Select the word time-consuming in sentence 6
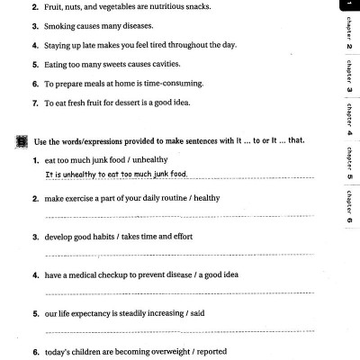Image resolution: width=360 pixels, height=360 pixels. (171, 84)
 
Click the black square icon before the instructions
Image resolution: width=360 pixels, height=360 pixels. (21, 141)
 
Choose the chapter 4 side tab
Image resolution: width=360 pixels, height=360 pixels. (348, 120)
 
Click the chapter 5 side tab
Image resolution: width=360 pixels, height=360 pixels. (348, 163)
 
